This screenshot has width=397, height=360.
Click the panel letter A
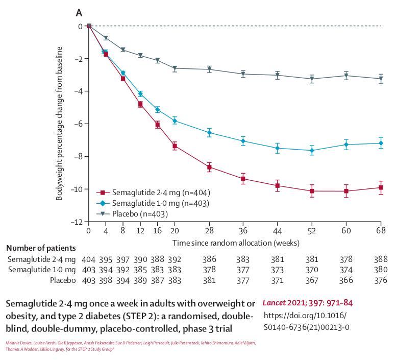[79, 12]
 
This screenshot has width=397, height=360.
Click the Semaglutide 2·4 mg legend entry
[154, 193]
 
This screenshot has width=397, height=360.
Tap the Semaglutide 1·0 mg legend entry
[154, 203]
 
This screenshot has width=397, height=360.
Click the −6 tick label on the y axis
[78, 124]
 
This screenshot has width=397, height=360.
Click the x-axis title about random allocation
[235, 243]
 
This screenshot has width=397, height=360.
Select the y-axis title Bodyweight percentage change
[60, 124]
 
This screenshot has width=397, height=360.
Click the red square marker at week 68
[381, 187]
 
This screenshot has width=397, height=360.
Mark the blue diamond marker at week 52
[312, 151]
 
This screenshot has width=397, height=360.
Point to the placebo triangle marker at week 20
[175, 68]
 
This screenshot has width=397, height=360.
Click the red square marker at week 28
[210, 167]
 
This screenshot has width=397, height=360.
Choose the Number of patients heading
[41, 248]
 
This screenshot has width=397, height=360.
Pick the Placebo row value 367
[312, 280]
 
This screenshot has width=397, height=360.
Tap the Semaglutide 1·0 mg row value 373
[277, 270]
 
